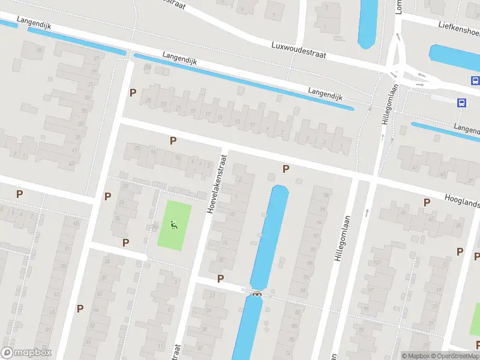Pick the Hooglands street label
pos(462,201)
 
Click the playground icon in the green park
pos(173,226)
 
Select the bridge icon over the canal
pos(257,293)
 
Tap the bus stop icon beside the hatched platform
pos(461,103)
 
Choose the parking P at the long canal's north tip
pos(286,169)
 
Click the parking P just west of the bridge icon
pos(220,278)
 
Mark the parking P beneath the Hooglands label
pos(427,203)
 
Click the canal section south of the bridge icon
pos(247,330)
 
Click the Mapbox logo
pos(26,353)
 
